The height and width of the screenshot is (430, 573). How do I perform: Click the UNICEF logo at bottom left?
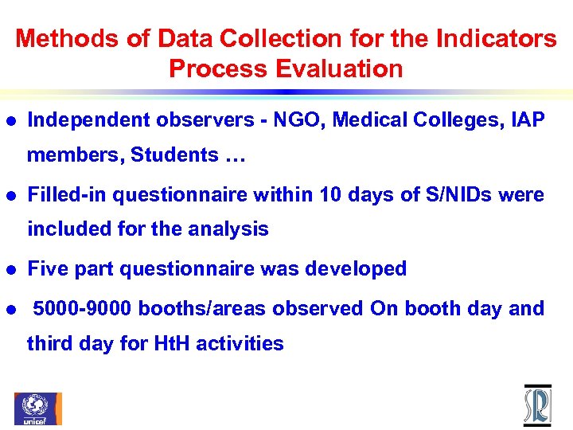(x=37, y=408)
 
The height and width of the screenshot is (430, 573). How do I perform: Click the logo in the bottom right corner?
(x=537, y=405)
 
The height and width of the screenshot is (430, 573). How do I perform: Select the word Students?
(x=174, y=154)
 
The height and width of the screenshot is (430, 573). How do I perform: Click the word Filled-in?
(x=67, y=194)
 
